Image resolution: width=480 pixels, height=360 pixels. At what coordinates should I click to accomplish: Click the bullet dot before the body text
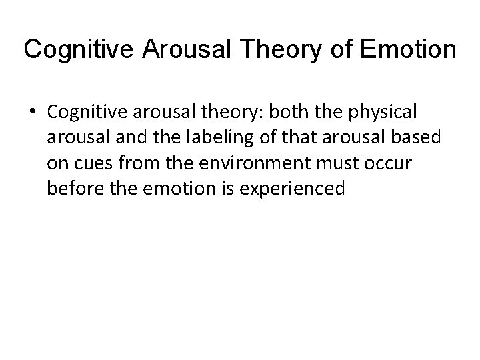(x=31, y=114)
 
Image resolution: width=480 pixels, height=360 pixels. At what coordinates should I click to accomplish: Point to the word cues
(x=93, y=164)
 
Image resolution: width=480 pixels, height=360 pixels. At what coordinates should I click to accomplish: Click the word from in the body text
(x=138, y=164)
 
